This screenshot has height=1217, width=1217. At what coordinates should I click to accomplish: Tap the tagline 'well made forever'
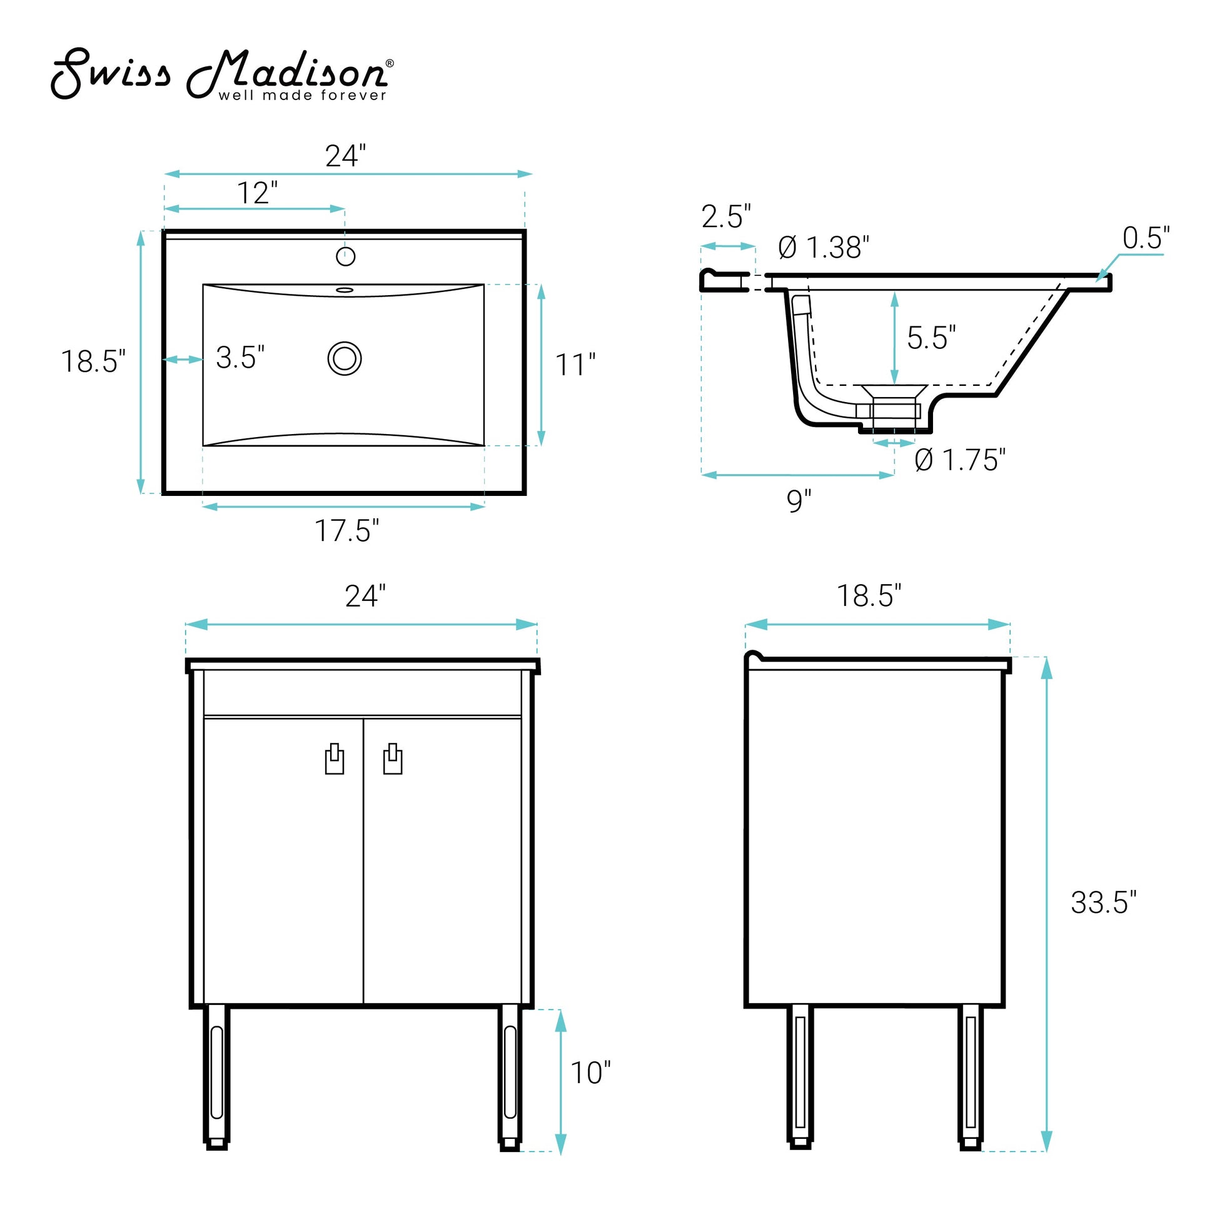(x=302, y=95)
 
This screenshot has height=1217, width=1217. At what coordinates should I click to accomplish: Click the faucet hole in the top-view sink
(x=345, y=256)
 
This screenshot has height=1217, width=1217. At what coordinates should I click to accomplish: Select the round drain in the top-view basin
(x=345, y=358)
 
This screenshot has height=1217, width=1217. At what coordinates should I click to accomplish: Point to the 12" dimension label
(x=257, y=193)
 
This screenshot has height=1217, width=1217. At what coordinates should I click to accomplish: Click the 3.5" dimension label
(x=240, y=357)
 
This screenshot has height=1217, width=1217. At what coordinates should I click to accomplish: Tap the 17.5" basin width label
(x=346, y=530)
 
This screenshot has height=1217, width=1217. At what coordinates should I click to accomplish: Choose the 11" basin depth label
(x=575, y=365)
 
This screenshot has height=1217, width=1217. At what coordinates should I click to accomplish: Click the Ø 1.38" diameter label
(x=824, y=248)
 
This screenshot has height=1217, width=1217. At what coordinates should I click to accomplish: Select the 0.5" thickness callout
(x=1146, y=238)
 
